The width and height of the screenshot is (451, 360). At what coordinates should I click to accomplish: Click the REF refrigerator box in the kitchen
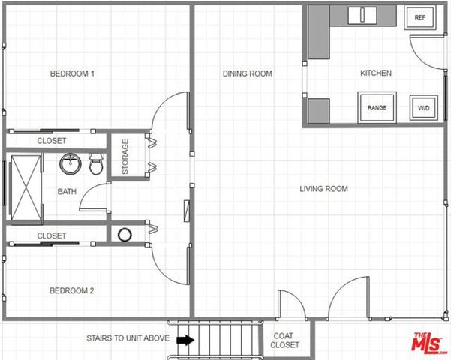click(x=419, y=18)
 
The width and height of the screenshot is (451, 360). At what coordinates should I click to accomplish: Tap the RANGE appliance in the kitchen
click(x=377, y=107)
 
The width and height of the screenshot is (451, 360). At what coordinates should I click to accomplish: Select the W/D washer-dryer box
click(x=424, y=107)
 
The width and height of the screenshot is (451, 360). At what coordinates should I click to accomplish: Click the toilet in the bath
click(x=96, y=164)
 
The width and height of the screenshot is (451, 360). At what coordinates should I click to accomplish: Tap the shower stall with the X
click(x=26, y=187)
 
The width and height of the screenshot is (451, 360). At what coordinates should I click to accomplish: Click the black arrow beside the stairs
click(x=184, y=340)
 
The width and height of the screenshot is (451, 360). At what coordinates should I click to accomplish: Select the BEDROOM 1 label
click(x=72, y=73)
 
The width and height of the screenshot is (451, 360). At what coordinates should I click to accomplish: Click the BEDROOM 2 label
click(x=72, y=291)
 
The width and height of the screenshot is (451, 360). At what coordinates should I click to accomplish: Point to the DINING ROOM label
click(x=247, y=73)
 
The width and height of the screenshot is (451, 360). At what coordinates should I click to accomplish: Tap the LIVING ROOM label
click(x=323, y=189)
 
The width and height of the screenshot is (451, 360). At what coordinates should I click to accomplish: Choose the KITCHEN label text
click(x=376, y=73)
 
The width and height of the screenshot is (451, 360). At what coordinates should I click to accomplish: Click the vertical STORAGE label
click(x=125, y=157)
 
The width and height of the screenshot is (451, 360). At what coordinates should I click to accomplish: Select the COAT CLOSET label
click(x=286, y=340)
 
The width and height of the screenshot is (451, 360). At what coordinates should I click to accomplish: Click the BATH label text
click(x=67, y=192)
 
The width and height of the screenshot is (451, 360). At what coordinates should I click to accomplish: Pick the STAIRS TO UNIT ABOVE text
click(x=128, y=338)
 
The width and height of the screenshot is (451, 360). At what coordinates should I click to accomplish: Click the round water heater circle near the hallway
click(x=125, y=235)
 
